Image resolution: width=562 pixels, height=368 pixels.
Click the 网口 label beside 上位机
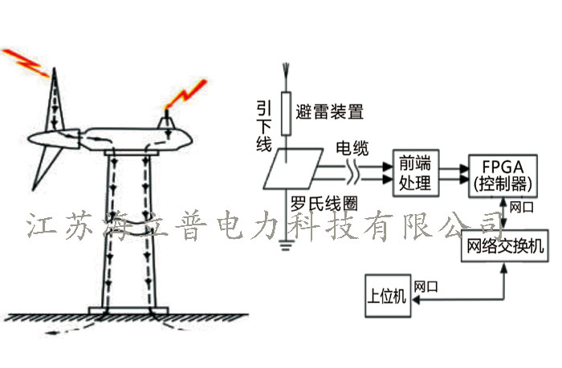[426, 285]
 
